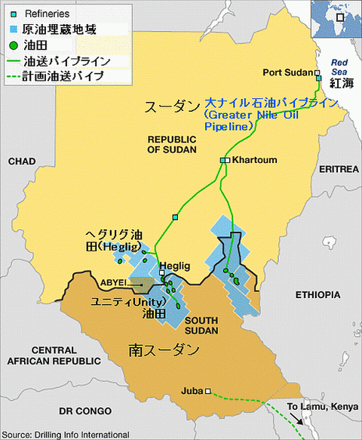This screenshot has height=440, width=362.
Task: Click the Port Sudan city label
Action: (287, 72)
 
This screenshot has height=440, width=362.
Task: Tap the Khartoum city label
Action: (256, 160)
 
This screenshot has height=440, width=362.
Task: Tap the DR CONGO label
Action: (85, 411)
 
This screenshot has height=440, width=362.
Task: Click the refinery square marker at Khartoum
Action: (224, 160)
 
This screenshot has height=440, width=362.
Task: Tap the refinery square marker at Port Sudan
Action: (318, 77)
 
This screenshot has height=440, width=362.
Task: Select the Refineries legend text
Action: (47, 14)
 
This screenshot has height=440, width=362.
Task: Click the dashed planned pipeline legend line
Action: (14, 76)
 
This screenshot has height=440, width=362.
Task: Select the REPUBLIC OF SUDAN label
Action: (172, 144)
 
